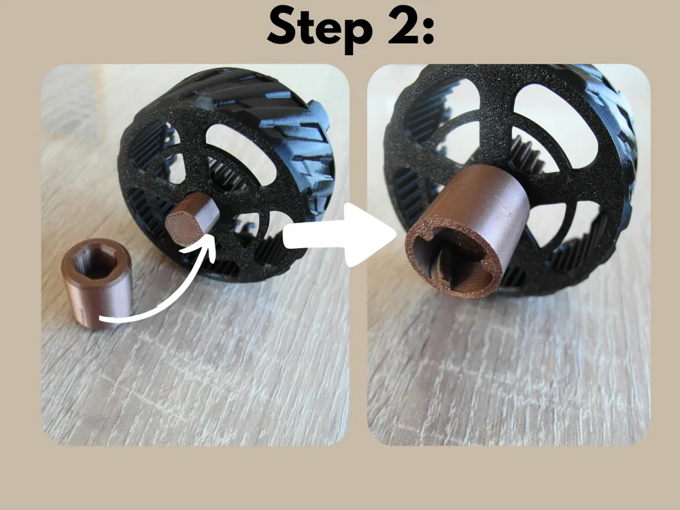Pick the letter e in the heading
point(334,31)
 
